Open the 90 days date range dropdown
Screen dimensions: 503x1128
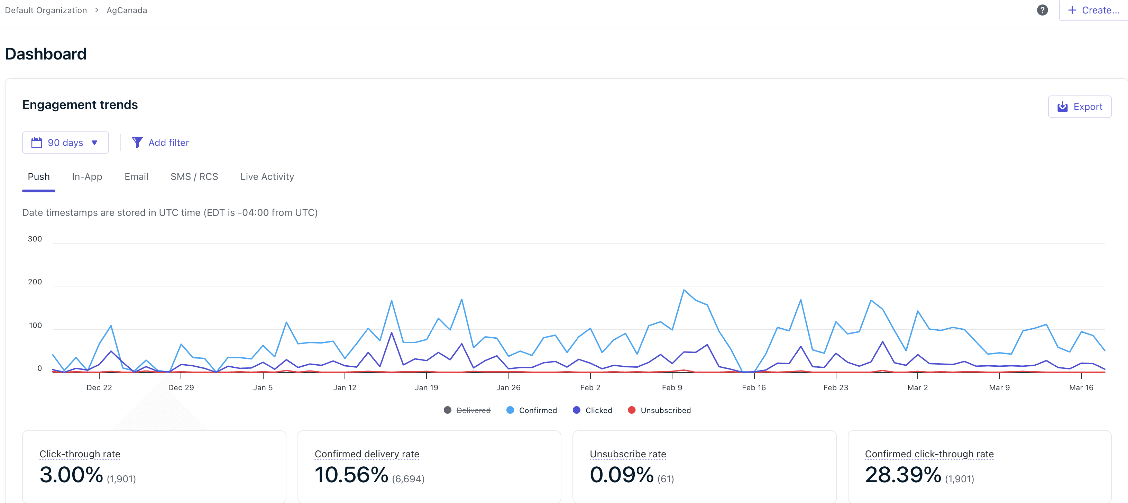[65, 143]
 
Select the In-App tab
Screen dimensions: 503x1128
[87, 177]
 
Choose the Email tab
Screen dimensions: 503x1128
[136, 177]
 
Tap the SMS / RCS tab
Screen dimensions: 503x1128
[194, 177]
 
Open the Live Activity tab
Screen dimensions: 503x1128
[267, 177]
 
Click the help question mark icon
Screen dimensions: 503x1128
[1042, 10]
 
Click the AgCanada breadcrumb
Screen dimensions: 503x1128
[127, 10]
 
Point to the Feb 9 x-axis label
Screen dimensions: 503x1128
[672, 387]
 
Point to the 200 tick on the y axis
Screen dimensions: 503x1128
[35, 282]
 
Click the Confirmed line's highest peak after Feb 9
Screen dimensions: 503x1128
[684, 290]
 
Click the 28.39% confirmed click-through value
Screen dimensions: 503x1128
[903, 475]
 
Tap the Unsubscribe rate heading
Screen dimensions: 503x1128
[627, 454]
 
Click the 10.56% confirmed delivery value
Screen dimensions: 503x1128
[351, 475]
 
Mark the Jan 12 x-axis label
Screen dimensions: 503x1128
[345, 387]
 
